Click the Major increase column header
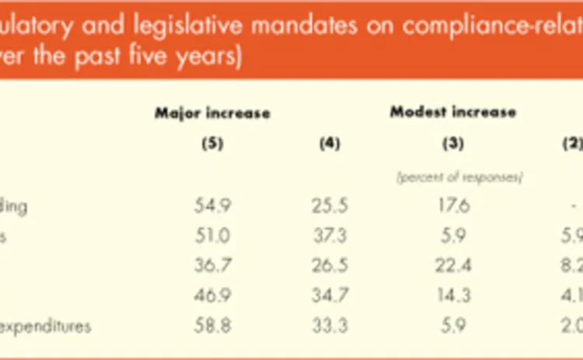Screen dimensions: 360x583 tap(212, 114)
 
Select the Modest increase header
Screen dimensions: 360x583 tap(452, 112)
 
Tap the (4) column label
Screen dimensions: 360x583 tap(330, 144)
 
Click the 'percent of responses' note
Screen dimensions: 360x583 tap(459, 177)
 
